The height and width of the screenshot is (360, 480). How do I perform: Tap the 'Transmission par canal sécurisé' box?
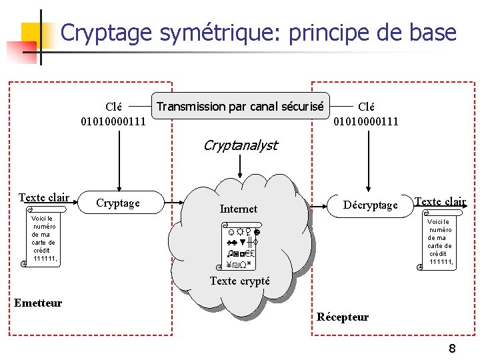241,106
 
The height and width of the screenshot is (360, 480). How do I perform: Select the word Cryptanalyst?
241,145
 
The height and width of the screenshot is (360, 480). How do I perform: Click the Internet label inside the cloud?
238,209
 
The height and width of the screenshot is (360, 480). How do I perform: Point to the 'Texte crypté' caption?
240,281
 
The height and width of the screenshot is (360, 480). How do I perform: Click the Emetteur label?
38,303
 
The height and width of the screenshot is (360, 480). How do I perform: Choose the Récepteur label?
343,317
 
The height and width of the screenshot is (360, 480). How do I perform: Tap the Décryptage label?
371,205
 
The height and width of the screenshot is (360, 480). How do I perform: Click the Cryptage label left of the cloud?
118,203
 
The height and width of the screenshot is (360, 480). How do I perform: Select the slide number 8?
452,349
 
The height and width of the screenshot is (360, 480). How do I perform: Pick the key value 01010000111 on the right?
366,121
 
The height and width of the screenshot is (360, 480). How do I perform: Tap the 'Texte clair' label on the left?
44,197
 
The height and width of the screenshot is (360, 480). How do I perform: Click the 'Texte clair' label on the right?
440,201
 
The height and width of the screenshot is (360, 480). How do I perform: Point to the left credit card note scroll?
43,239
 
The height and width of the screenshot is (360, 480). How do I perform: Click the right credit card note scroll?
439,243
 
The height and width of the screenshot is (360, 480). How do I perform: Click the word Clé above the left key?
114,107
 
